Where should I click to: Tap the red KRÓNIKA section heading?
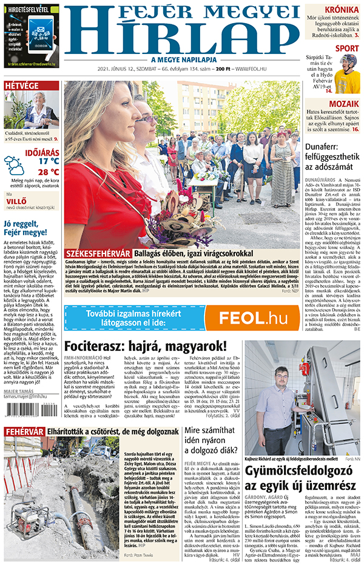click(341, 10)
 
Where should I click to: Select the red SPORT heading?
click(346, 48)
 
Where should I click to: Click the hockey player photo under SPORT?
click(347, 74)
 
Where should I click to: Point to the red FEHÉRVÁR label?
click(24, 431)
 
